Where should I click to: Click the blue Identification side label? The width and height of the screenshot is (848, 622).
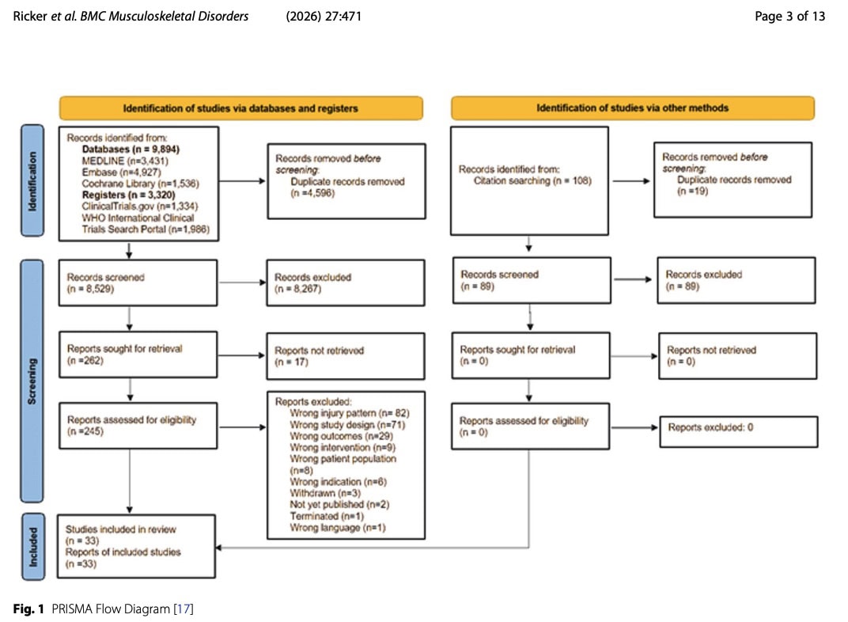[32, 180]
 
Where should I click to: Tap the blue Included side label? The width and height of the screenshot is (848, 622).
[33, 547]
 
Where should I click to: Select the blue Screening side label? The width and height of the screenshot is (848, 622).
[32, 381]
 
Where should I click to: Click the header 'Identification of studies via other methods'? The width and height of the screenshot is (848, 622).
[632, 108]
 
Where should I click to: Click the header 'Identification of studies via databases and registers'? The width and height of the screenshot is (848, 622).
[240, 108]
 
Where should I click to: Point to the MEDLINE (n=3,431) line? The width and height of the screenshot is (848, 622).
[125, 161]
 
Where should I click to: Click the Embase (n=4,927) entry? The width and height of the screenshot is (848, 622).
[121, 172]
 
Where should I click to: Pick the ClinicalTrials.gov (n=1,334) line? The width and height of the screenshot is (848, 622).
[139, 206]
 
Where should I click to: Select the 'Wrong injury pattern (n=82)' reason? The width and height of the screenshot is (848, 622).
[350, 413]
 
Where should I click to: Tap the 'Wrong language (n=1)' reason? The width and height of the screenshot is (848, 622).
[338, 527]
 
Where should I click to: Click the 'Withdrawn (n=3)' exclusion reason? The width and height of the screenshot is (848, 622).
[325, 493]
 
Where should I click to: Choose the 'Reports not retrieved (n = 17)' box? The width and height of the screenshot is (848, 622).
[346, 356]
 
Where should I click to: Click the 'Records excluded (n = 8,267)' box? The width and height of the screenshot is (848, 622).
[346, 283]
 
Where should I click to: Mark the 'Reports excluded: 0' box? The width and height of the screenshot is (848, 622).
[738, 431]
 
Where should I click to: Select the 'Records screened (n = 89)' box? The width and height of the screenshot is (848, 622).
[532, 280]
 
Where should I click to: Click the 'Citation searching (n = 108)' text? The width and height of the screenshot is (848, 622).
[532, 180]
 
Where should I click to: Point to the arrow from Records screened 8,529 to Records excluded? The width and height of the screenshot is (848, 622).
[242, 283]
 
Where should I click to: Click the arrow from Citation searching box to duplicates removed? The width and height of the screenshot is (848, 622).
[631, 180]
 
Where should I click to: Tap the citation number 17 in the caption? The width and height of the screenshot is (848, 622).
[184, 609]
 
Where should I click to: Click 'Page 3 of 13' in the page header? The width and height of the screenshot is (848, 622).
[789, 17]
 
